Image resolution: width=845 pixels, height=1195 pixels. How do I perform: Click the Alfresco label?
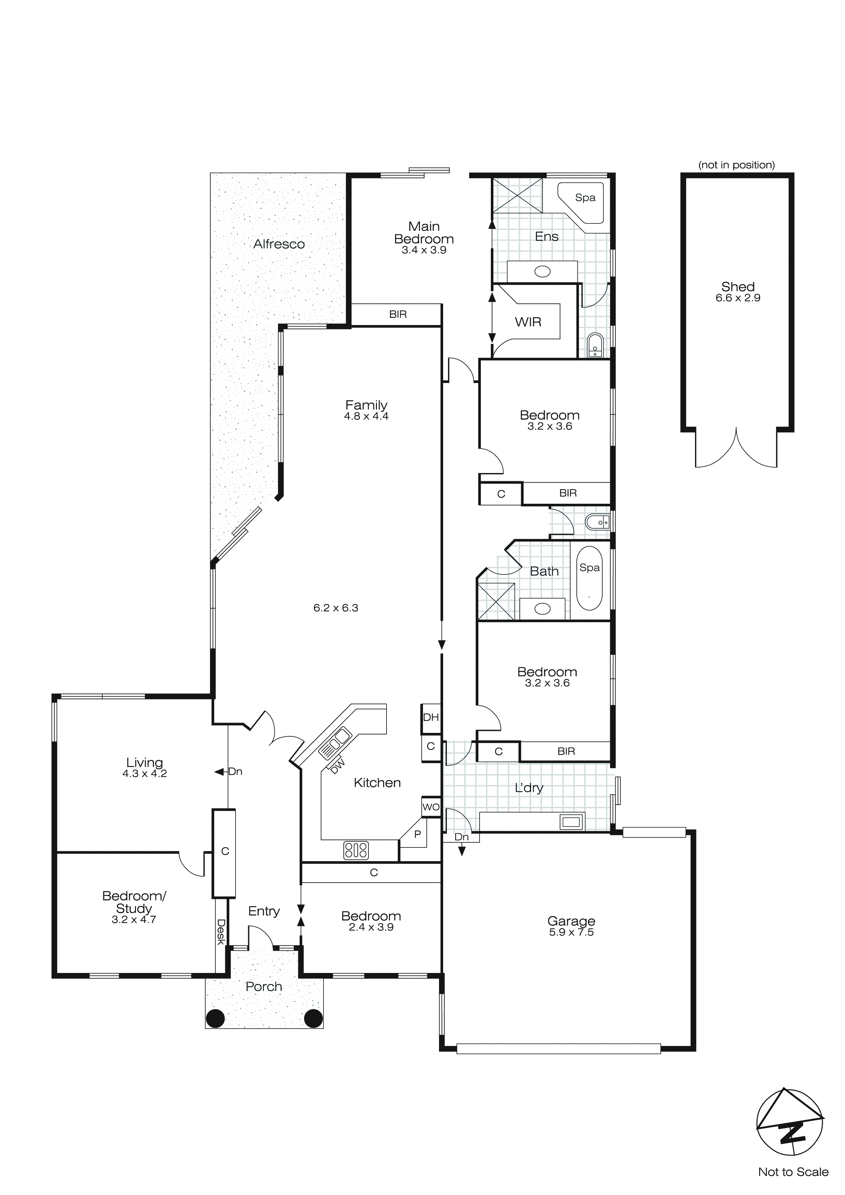click(x=279, y=244)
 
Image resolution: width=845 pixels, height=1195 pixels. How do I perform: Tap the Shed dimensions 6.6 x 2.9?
click(x=738, y=298)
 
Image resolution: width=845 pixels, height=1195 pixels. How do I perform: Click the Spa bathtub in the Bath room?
click(x=589, y=578)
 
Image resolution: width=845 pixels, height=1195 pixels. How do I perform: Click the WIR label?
click(x=528, y=322)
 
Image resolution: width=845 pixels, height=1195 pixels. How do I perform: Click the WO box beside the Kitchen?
click(x=431, y=807)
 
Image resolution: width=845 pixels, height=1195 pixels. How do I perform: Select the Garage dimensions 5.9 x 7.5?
click(x=571, y=932)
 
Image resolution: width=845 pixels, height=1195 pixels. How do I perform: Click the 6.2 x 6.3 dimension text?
click(x=336, y=608)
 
